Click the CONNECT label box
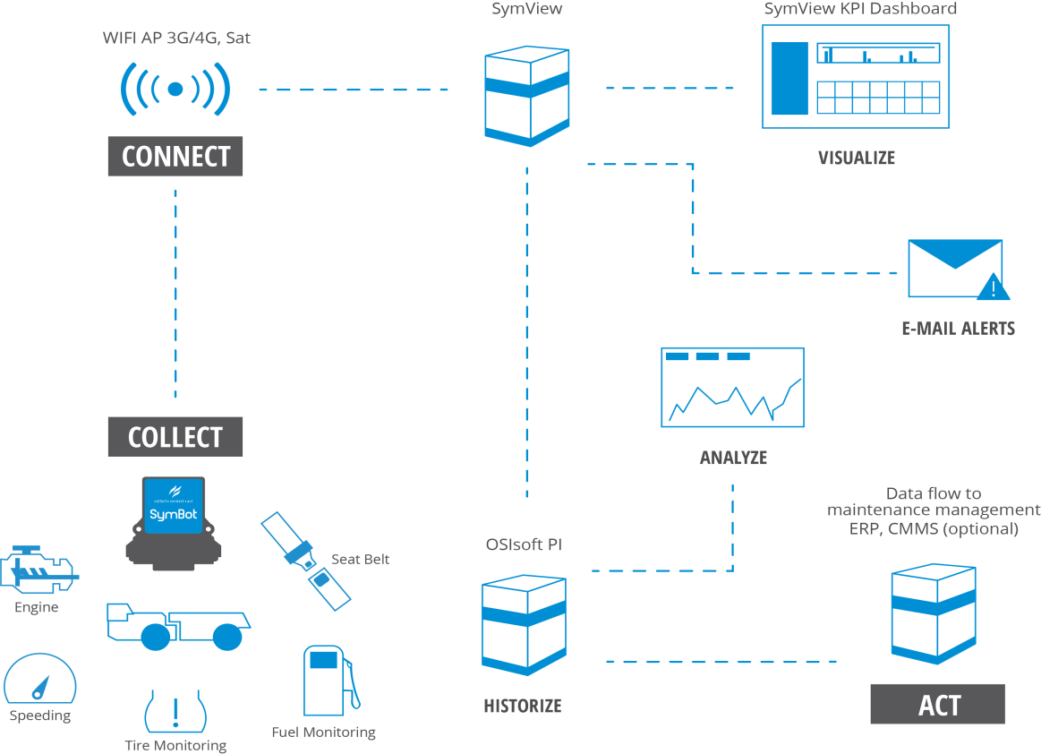(x=175, y=156)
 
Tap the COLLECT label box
(x=175, y=437)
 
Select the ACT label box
(x=938, y=704)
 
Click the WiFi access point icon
(x=175, y=88)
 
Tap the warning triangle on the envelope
(x=992, y=288)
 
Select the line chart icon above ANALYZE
(x=731, y=387)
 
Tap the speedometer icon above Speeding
(x=40, y=681)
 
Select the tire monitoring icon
(x=175, y=711)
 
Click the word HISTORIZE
(x=523, y=706)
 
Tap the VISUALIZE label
(x=857, y=158)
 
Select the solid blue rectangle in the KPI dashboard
(x=789, y=78)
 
